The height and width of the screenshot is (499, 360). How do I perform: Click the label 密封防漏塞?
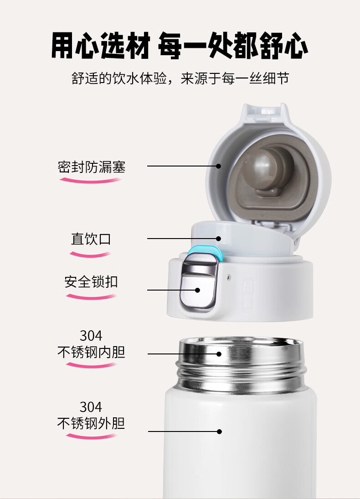[x=92, y=167]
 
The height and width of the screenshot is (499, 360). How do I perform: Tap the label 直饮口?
[x=91, y=239]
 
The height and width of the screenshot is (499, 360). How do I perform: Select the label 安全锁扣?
[x=91, y=281]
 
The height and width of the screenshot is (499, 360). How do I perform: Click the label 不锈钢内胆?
[x=91, y=352]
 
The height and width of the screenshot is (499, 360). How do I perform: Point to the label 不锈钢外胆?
[x=91, y=423]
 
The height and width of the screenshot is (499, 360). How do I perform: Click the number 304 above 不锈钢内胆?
[x=91, y=336]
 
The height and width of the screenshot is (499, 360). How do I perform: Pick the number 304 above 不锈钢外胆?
[x=91, y=407]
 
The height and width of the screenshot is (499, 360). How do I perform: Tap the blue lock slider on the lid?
[x=206, y=251]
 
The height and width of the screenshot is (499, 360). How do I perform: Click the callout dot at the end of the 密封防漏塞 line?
[x=218, y=166]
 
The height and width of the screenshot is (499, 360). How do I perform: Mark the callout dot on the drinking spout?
[x=218, y=239]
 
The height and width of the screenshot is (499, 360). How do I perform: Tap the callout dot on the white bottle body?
[x=219, y=431]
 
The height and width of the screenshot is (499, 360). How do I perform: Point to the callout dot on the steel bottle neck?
[x=219, y=353]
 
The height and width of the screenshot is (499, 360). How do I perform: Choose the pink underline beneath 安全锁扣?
[x=91, y=297]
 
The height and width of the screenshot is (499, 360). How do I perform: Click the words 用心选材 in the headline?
[x=101, y=46]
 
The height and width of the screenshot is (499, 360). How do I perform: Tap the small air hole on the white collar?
[x=228, y=277]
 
